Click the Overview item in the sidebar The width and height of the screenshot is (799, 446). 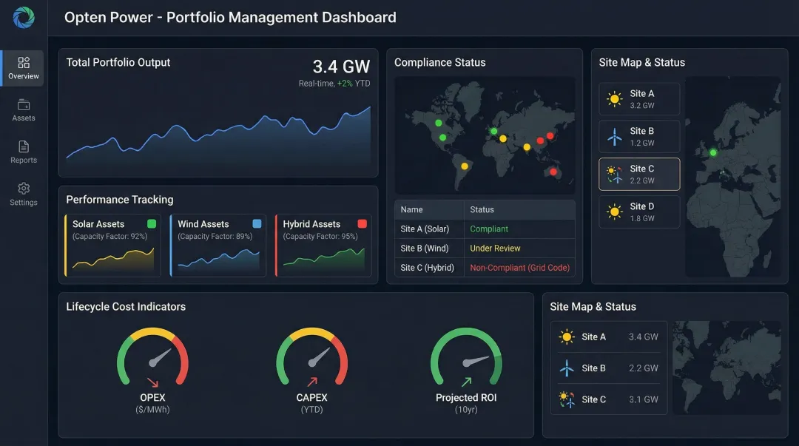coord(23,68)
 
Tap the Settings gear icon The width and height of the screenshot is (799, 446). coord(24,189)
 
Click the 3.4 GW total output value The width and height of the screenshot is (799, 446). coord(341,67)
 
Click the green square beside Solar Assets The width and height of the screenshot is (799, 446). coord(152,223)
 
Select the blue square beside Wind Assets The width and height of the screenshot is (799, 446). coord(257,223)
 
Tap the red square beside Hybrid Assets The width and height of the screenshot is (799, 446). coord(362,223)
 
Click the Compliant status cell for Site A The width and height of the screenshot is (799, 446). coord(489,229)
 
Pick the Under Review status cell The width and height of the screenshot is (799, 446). coord(495,249)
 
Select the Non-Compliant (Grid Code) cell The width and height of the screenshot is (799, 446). coord(519,268)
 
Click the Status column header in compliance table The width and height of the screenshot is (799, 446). coord(482,209)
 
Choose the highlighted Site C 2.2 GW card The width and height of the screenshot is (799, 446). coord(638,174)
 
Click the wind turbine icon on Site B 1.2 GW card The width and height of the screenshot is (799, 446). coord(614,137)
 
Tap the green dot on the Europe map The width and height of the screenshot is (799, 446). coord(713,152)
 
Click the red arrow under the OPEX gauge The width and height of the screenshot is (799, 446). coord(152,382)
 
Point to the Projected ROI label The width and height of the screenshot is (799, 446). coord(466,398)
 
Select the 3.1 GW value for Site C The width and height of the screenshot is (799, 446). coord(643,399)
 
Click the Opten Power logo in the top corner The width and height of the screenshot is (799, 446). coord(24,17)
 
